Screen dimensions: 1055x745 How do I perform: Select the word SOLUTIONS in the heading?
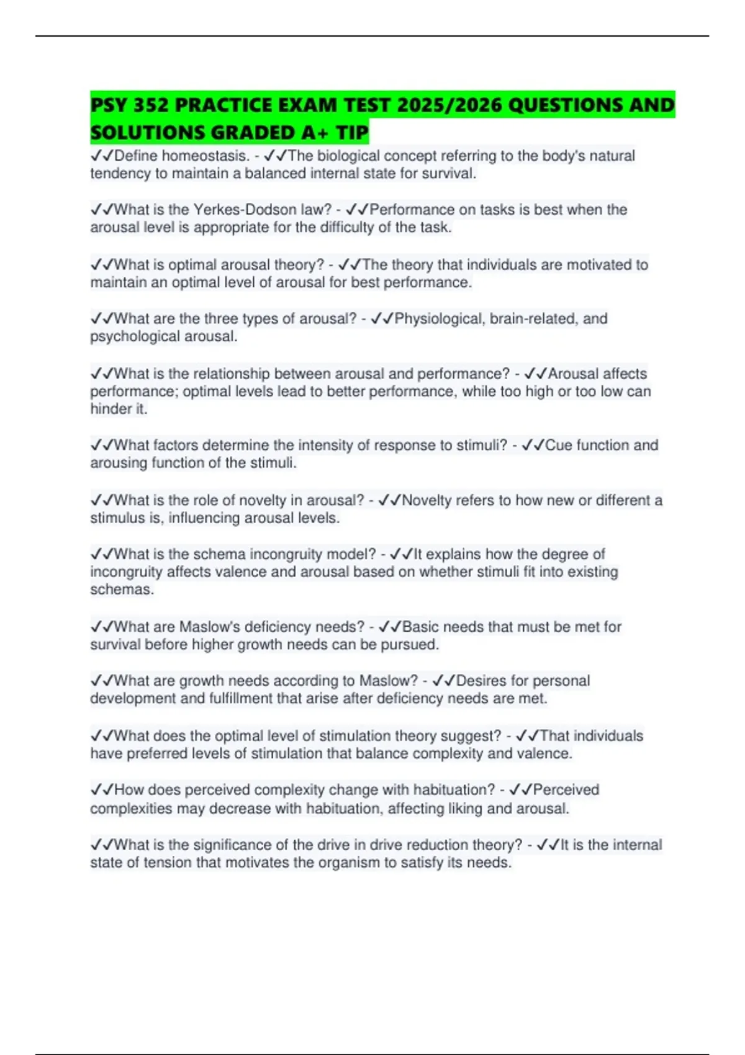[x=147, y=132]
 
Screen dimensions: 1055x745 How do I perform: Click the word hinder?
[x=108, y=409]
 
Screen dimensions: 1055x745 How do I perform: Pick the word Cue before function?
[x=558, y=445]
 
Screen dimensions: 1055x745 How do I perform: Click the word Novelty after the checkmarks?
[x=426, y=500]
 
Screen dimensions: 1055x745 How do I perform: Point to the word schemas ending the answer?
[x=122, y=590]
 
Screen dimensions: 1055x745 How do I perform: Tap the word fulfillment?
[x=241, y=699]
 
